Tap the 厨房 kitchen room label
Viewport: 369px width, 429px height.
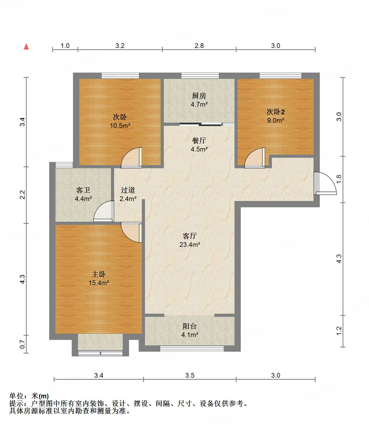coord(199,96)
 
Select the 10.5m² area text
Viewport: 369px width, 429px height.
coord(120,126)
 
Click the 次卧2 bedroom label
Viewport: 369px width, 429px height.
coord(276,112)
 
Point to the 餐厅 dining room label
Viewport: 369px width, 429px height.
coord(199,140)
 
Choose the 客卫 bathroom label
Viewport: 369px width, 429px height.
coord(83,190)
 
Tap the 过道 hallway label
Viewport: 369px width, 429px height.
coord(128,190)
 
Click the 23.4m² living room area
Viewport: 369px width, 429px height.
coord(190,245)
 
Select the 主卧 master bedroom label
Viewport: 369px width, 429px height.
coord(99,274)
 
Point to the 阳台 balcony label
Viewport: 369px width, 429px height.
coord(190,326)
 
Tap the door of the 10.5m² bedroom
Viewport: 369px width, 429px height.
coord(131,158)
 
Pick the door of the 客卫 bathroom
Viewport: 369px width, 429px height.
coord(104,211)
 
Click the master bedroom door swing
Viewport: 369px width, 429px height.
coord(131,232)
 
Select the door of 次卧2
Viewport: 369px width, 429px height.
coord(255,158)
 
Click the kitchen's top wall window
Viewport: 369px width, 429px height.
coord(200,75)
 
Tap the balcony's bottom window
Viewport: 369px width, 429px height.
coord(192,349)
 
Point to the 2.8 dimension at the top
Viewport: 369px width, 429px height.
coord(199,46)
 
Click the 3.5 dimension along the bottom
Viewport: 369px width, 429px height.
coord(190,376)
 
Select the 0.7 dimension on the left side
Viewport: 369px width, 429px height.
coord(23,344)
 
